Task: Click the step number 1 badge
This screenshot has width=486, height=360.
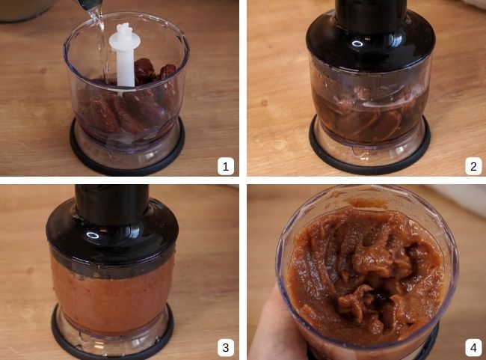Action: coord(227,165)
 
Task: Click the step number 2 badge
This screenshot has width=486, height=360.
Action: coord(473,165)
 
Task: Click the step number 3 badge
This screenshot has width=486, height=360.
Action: coord(227,347)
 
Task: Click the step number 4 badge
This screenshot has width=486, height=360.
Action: coord(473,347)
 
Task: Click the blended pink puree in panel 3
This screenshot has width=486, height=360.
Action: coord(112,288)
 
